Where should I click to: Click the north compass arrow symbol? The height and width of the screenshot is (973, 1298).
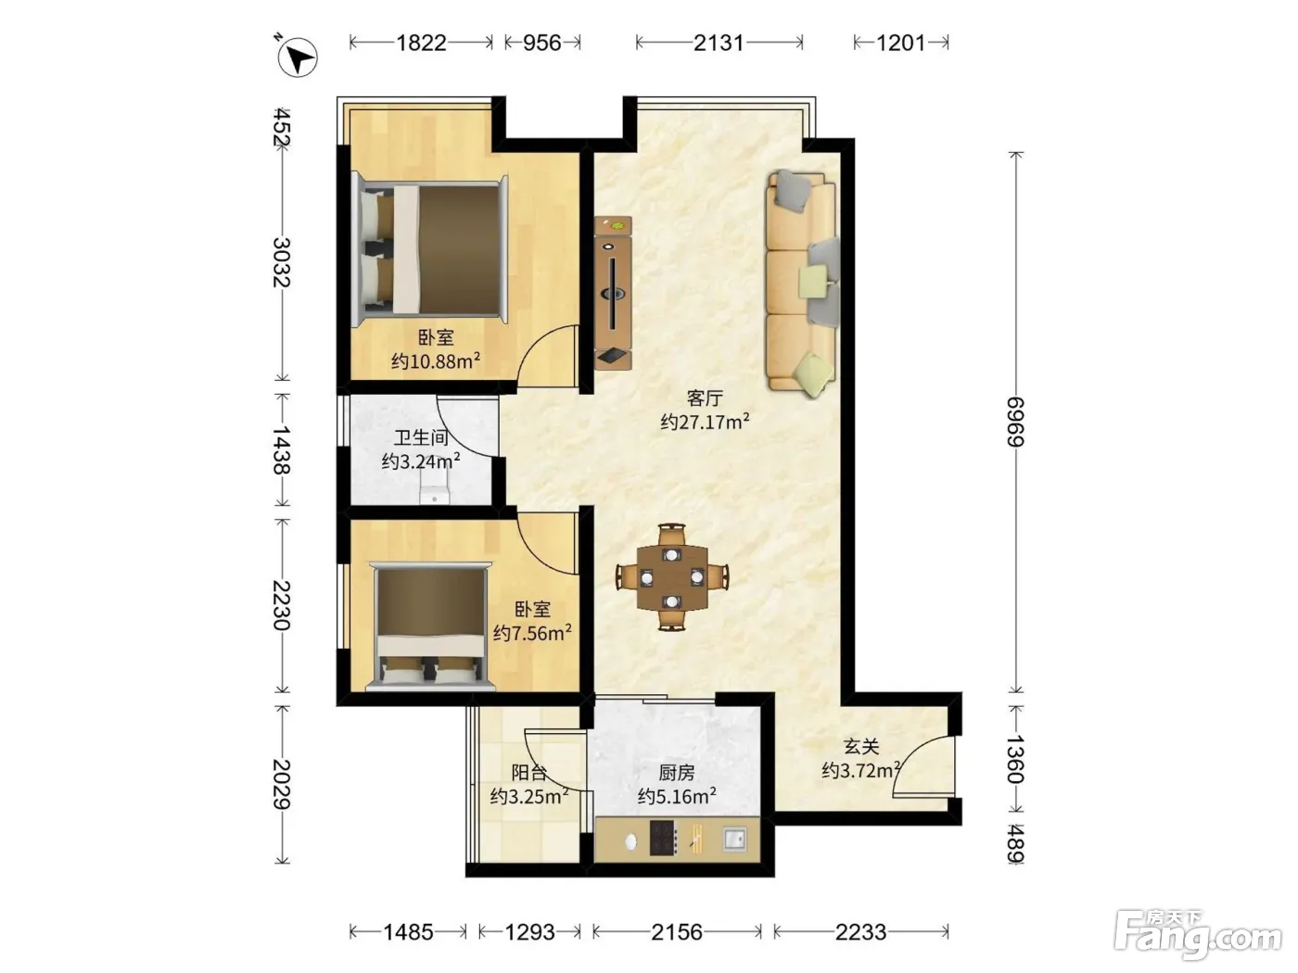[x=298, y=57]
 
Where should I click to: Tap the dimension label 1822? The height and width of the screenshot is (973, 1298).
[x=421, y=44]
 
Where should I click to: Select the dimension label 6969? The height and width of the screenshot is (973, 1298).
[x=1016, y=422]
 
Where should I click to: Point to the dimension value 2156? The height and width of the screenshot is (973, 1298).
[x=677, y=932]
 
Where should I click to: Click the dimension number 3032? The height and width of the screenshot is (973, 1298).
[x=282, y=262]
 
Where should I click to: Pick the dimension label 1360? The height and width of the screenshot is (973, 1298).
[x=1016, y=759]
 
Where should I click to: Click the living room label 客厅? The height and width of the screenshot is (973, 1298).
[x=705, y=398]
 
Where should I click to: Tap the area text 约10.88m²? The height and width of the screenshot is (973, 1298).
[x=435, y=360]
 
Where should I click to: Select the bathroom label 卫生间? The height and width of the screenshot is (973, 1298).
[x=421, y=437]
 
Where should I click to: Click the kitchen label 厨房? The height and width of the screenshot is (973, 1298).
[x=677, y=772]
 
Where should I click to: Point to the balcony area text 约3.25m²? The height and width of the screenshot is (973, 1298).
[x=529, y=796]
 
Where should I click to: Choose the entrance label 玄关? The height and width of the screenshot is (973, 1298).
[x=861, y=746]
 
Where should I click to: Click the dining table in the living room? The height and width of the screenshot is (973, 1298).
[x=672, y=577]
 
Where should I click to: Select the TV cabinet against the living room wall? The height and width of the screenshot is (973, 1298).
[x=613, y=293]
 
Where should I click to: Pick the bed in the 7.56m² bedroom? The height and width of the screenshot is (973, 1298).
[x=430, y=626]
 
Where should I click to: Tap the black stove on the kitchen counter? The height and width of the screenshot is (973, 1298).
[x=664, y=838]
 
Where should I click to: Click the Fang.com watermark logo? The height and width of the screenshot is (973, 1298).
[x=1198, y=936]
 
